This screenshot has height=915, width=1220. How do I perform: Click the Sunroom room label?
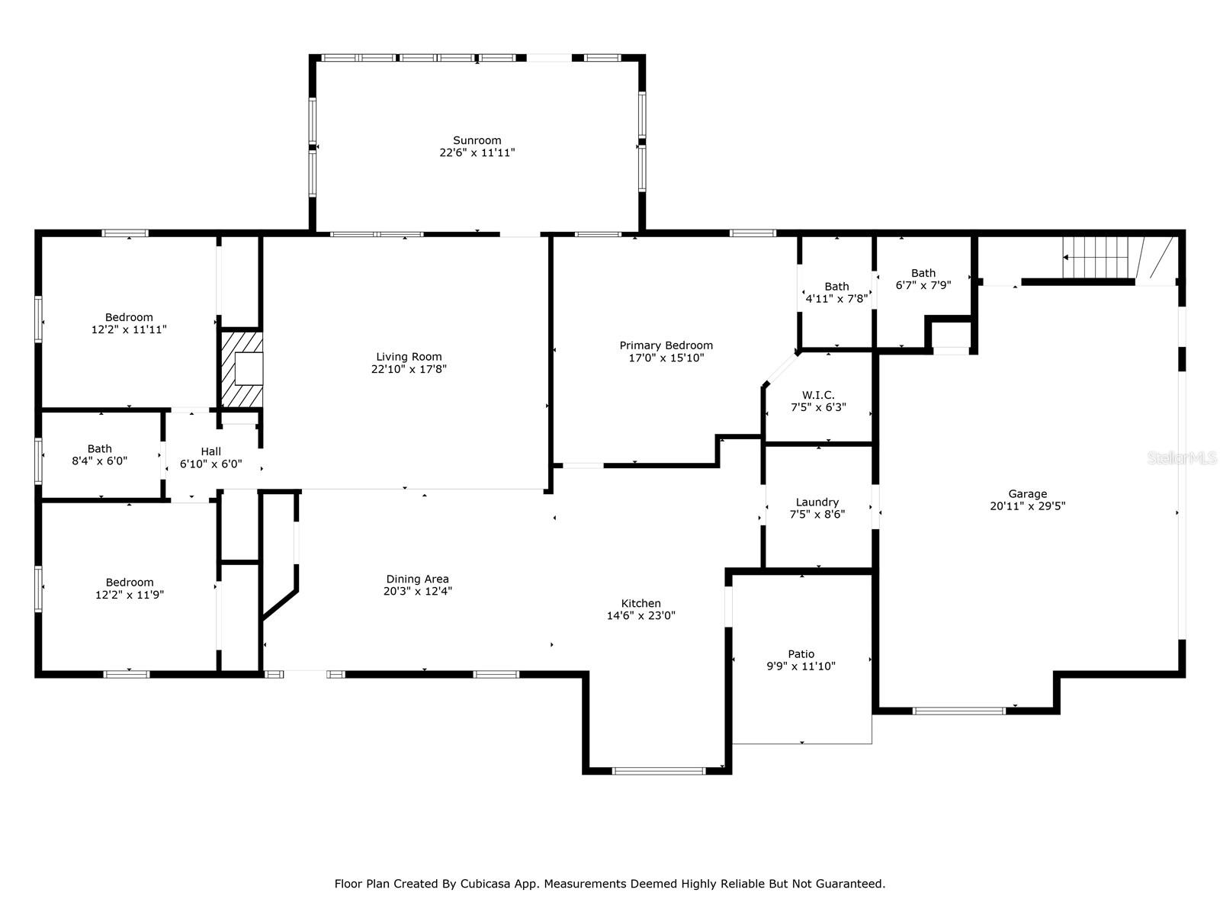477,140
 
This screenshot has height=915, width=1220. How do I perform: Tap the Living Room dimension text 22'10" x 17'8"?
409,369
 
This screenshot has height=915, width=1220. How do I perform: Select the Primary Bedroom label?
666,345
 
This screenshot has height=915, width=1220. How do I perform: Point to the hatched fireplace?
242,370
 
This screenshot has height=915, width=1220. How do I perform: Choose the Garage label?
1027,494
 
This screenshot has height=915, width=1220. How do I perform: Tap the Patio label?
801,654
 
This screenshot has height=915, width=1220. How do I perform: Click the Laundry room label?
817,502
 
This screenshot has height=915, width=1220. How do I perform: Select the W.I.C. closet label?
818,395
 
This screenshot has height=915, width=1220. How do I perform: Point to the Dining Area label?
417,579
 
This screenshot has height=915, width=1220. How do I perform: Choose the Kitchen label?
640,603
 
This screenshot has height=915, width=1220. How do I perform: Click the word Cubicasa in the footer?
485,883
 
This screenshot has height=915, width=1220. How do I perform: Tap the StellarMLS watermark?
1182,458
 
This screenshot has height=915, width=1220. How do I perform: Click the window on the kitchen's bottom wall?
659,771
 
